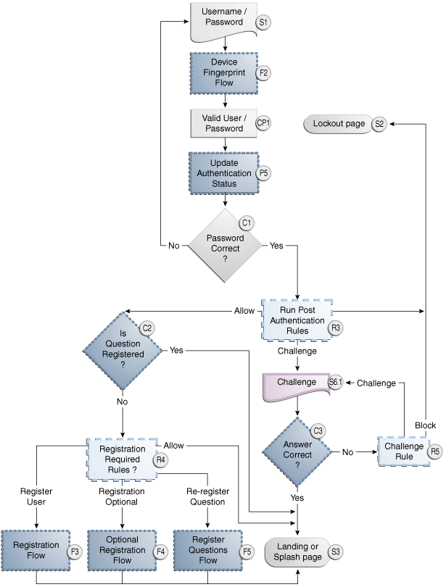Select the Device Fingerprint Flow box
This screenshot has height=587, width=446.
pos(224,73)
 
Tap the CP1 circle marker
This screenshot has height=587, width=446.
pos(263,123)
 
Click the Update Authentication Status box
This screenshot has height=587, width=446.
pos(224,173)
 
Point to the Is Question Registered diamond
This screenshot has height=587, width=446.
pos(122,349)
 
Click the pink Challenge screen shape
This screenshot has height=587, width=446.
pos(297,383)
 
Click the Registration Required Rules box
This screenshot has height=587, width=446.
pos(122,458)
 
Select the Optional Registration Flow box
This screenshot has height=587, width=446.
pos(122,551)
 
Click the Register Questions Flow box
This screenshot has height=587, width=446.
pos(208,551)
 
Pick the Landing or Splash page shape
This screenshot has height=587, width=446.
pos(297,551)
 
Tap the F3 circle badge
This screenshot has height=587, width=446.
pos(74,552)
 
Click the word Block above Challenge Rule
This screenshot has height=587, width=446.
pos(425,425)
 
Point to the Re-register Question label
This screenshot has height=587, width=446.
pos(208,496)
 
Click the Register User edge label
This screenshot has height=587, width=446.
pos(36,496)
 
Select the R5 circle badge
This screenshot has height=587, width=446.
pos(435,451)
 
